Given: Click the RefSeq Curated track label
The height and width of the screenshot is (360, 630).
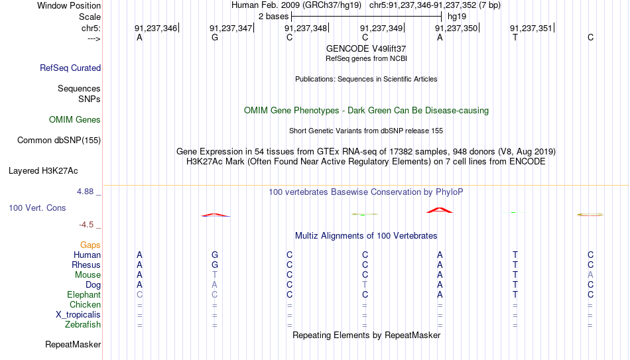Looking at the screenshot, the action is [70, 68].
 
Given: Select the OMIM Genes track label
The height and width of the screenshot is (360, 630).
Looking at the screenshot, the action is [75, 120].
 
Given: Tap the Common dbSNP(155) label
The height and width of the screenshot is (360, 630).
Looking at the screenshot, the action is [59, 141].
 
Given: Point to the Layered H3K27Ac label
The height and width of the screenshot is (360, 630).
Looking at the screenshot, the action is [43, 171].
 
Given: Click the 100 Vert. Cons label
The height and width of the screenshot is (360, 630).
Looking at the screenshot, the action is [37, 208].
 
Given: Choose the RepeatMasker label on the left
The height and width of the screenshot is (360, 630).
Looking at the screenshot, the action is [73, 344].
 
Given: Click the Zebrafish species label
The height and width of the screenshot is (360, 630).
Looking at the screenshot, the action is [83, 324].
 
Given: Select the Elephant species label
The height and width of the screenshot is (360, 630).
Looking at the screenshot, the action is [84, 294].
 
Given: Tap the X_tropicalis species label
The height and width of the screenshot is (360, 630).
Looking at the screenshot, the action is [78, 315].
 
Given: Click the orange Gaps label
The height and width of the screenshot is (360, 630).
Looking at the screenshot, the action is [90, 245].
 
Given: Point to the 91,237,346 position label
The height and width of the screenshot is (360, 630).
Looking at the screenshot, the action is [156, 28].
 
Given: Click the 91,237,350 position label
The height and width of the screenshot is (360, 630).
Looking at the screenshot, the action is [456, 28].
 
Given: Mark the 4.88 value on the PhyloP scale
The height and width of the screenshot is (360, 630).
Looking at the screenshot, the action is [85, 192].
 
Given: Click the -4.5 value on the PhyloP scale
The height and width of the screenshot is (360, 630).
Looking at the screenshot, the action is [86, 225].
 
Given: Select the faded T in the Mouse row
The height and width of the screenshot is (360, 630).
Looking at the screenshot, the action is [215, 275].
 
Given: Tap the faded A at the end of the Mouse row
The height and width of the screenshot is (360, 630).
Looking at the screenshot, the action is [590, 275].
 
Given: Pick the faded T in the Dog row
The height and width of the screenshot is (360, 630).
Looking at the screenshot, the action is [365, 285].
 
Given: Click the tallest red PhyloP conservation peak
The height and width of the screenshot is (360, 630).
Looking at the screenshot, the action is [440, 210].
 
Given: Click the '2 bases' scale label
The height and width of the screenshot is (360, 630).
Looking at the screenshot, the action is [273, 17].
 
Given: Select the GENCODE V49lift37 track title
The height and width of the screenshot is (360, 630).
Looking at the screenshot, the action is [366, 48].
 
